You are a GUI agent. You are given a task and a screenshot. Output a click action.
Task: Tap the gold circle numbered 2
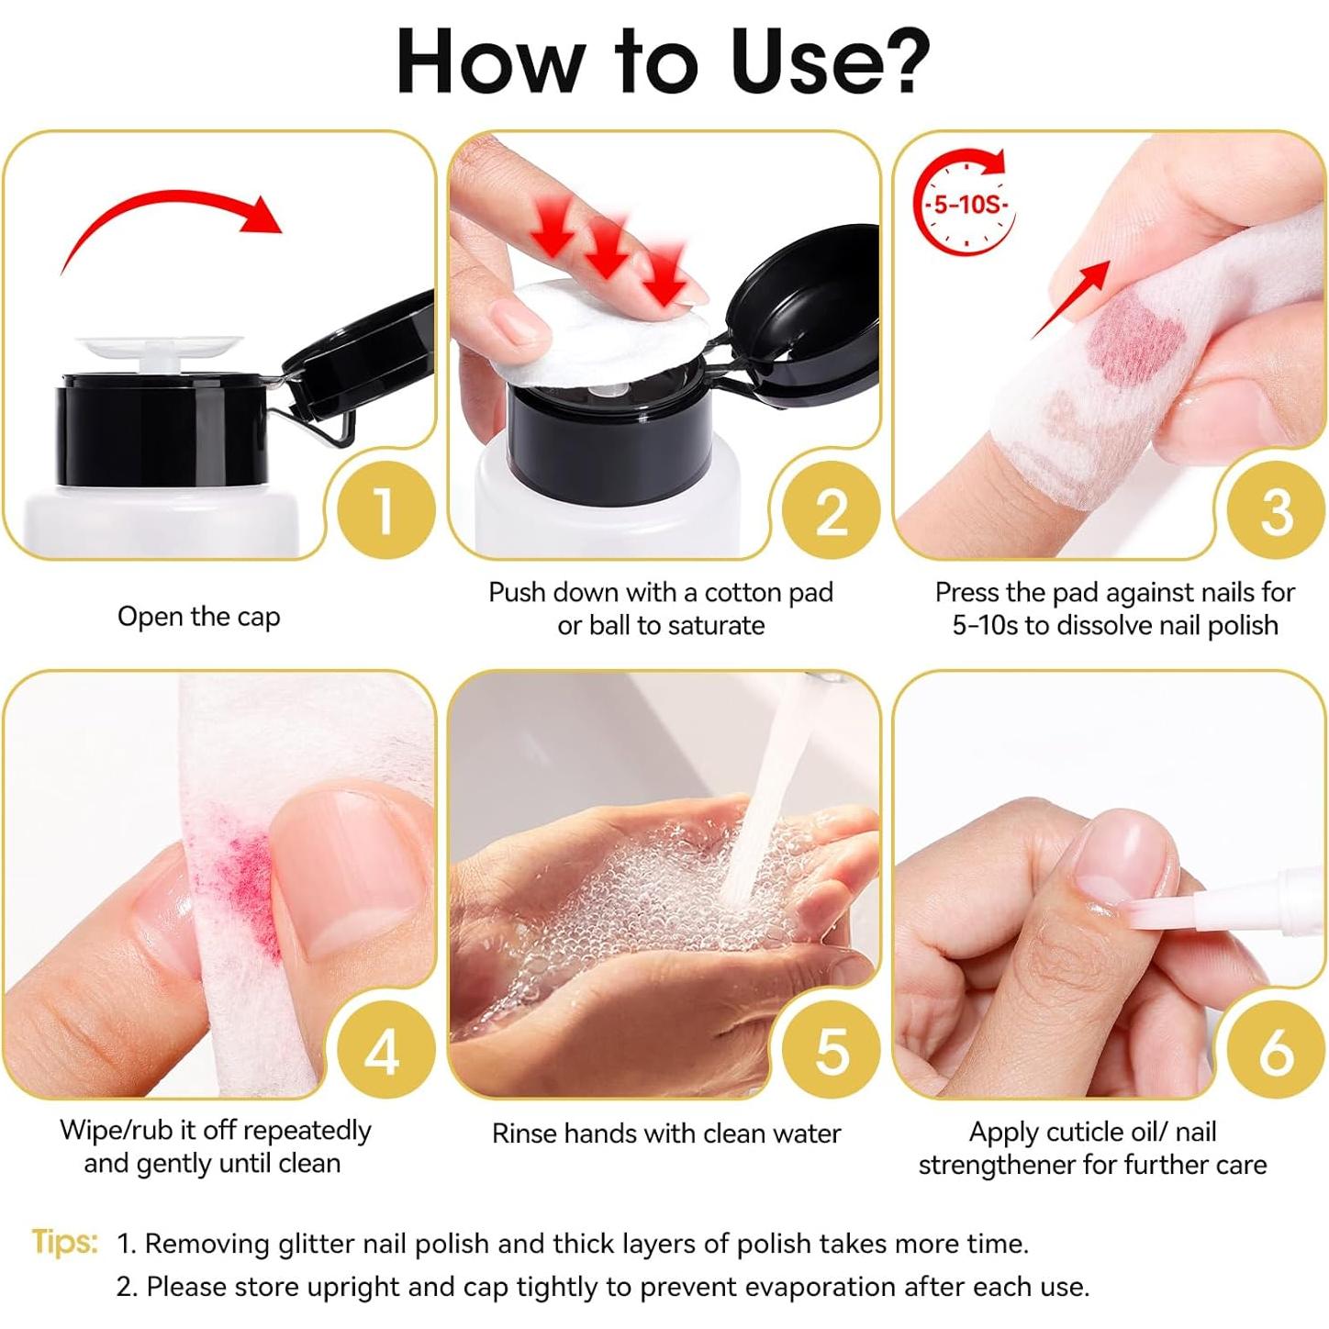point(831,510)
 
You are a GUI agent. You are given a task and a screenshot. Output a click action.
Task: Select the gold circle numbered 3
point(1276,510)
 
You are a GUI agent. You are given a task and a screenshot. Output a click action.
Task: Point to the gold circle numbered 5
point(831,1050)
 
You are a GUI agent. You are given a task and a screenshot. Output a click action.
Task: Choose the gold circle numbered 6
point(1276,1050)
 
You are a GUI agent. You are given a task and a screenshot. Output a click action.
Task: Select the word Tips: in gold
point(64,1242)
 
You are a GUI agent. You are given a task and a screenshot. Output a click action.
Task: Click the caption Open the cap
point(198,617)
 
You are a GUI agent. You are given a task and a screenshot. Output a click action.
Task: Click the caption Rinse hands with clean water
point(666,1134)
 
